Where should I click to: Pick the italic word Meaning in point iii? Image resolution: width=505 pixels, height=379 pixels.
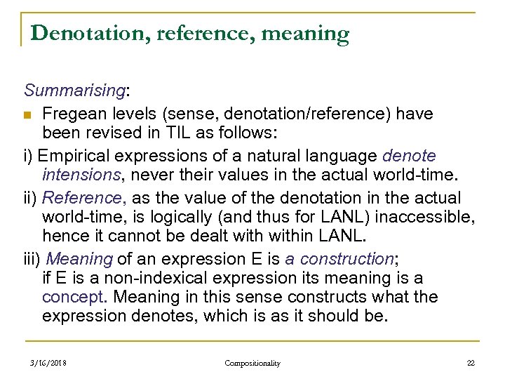(x=80, y=259)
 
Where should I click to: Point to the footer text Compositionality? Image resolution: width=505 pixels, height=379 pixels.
(x=252, y=363)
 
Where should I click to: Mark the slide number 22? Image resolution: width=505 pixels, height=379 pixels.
(x=470, y=363)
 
